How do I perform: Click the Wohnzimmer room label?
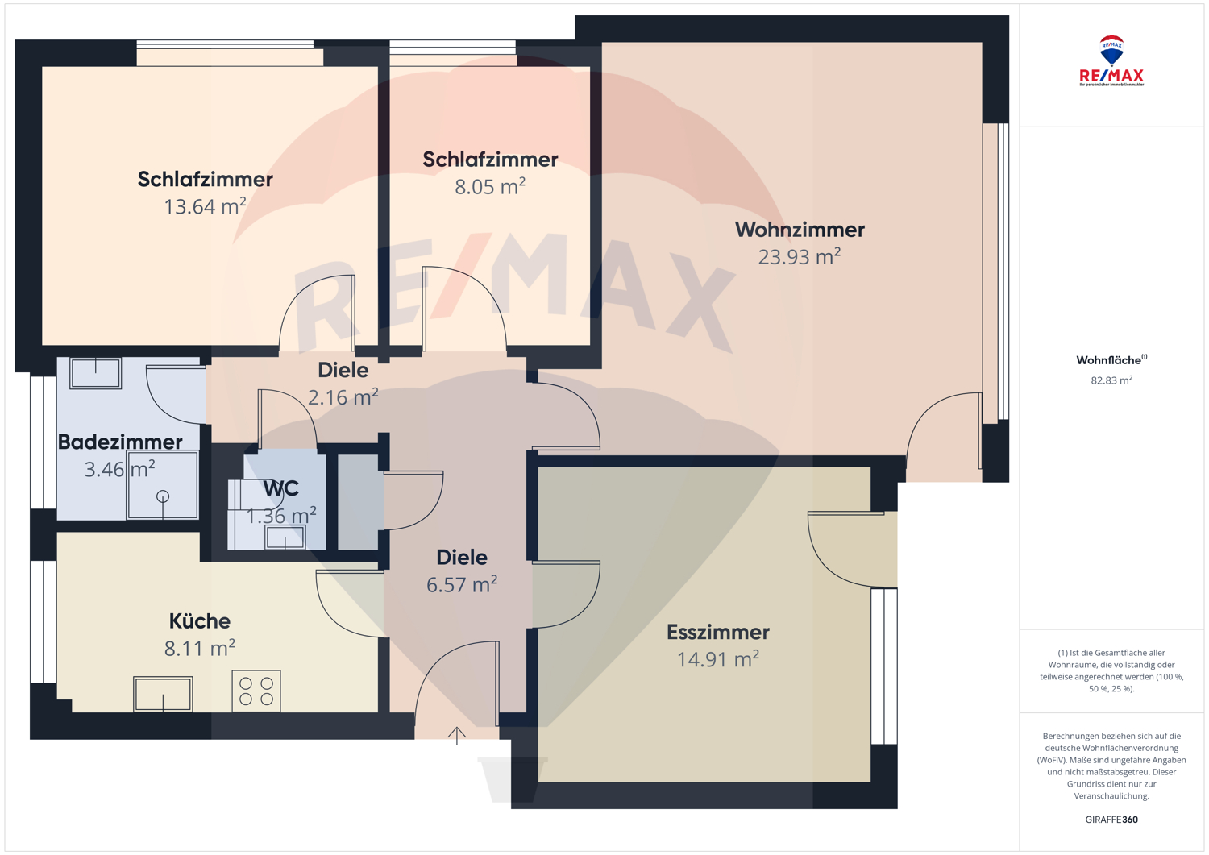(x=800, y=230)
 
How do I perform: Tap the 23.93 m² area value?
(x=800, y=257)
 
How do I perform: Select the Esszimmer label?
(x=718, y=632)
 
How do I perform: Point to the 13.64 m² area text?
(x=205, y=206)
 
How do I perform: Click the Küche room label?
(x=200, y=621)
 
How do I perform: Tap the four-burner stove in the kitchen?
(x=256, y=691)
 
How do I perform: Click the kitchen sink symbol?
(x=163, y=694)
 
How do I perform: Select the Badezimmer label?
(x=120, y=442)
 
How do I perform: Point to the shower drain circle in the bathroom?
(x=163, y=496)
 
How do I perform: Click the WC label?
(x=281, y=489)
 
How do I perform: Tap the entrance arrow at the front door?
(x=457, y=736)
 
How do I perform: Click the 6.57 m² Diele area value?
(x=462, y=585)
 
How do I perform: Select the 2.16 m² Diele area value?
(x=343, y=398)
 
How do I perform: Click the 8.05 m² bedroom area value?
(x=490, y=187)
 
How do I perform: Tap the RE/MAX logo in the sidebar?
(x=1111, y=61)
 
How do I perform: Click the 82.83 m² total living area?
(x=1111, y=380)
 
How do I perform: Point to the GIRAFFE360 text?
(x=1111, y=820)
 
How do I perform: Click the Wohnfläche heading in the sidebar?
(x=1111, y=360)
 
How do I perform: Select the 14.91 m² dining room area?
(x=718, y=660)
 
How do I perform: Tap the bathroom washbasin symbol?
(x=96, y=373)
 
